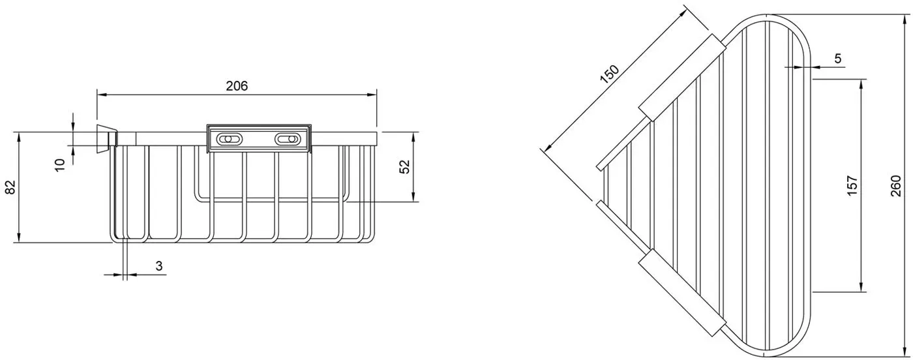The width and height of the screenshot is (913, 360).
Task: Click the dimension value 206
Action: point(237,86)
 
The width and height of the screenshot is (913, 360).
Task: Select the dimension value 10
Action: point(60,165)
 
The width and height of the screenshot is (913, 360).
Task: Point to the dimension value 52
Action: point(404,167)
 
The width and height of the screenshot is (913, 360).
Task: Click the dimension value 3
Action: point(159,266)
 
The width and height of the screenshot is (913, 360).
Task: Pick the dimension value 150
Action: point(610,74)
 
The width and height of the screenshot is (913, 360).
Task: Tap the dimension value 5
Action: point(837,59)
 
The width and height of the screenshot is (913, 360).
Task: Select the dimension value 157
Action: point(852,185)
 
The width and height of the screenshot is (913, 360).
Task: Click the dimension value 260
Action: point(895,185)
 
